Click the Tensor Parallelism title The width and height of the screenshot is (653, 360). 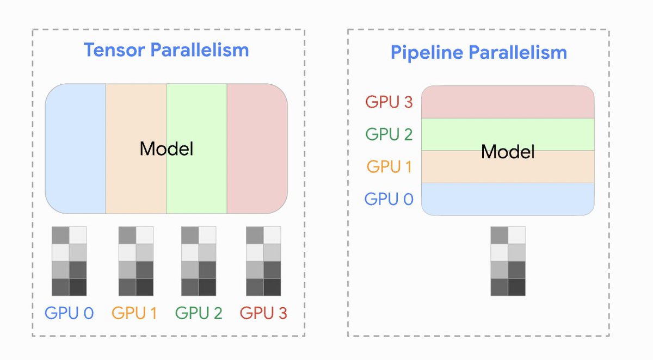coord(166,50)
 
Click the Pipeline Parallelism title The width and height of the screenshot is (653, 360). coord(478,53)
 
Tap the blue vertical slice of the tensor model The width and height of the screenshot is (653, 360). coord(75,148)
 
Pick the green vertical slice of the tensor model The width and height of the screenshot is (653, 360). coord(196,179)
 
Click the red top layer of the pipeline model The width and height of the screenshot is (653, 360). coord(507,102)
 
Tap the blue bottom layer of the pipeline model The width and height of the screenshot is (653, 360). coord(507,199)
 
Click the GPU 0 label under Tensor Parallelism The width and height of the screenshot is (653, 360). coord(69,313)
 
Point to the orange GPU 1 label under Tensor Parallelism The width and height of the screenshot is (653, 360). coord(134,313)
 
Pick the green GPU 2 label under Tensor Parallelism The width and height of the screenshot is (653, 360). coord(199,313)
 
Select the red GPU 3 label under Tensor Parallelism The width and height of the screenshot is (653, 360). coord(263,313)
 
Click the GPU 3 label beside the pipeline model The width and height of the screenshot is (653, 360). coord(389,102)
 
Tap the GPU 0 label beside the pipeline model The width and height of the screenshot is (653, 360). coord(389,199)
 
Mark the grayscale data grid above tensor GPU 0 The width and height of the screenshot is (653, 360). coord(69,261)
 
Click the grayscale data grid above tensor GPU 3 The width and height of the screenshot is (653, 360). coord(263,261)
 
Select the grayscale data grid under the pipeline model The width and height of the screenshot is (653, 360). coord(508,261)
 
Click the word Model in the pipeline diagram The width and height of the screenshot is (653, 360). coord(508,152)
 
